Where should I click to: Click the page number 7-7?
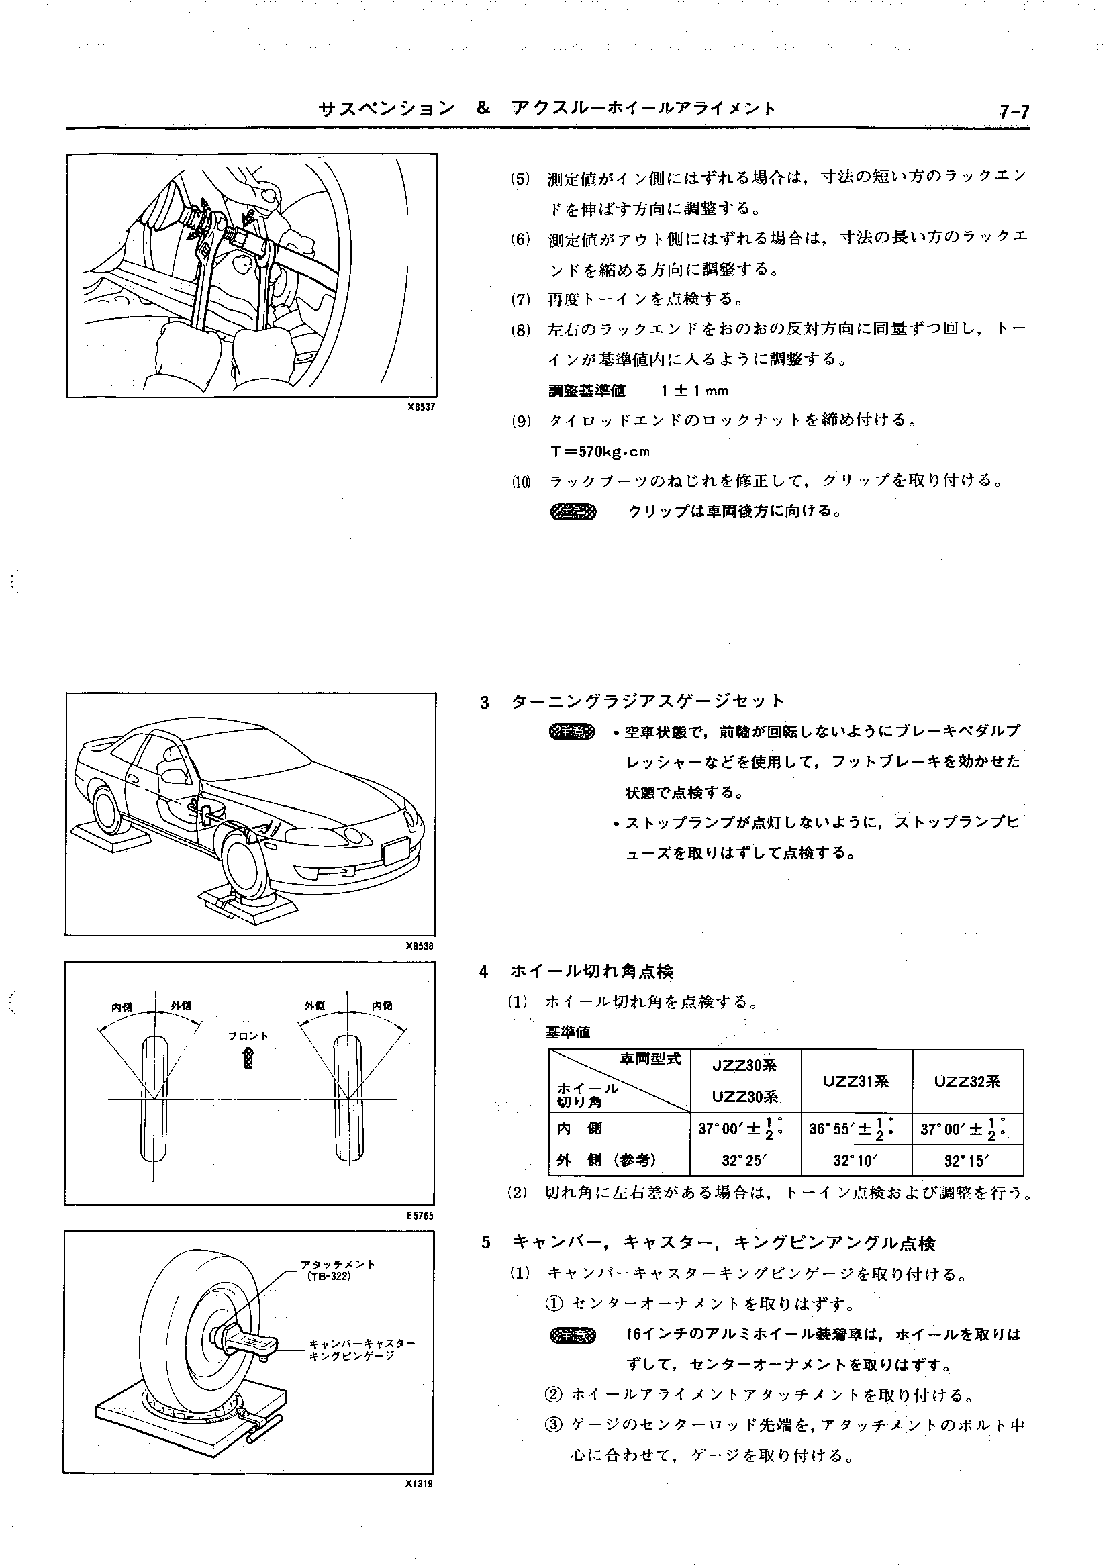tap(1014, 112)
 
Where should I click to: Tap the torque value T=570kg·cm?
tap(599, 452)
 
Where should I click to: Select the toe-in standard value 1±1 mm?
tap(695, 391)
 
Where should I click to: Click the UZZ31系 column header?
tap(856, 1082)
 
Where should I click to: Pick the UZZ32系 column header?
tap(967, 1082)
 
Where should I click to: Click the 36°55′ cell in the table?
tap(851, 1129)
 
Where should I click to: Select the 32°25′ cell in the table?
tap(744, 1161)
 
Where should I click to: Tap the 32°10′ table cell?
tap(856, 1161)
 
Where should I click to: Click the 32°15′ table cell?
tap(967, 1161)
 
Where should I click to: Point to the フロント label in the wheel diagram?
tap(248, 1036)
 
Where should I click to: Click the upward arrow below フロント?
tap(248, 1059)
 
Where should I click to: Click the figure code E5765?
tap(420, 1216)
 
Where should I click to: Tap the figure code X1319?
tap(420, 1484)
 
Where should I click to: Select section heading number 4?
tap(484, 972)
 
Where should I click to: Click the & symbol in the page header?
tap(483, 109)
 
